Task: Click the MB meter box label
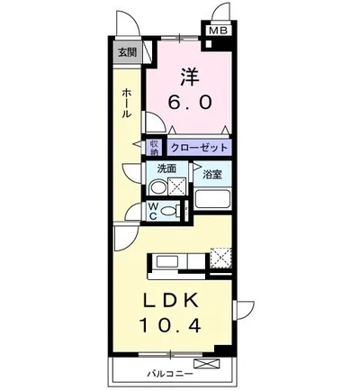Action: pyautogui.click(x=219, y=31)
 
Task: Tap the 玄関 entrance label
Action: pyautogui.click(x=127, y=52)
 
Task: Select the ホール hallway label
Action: pyautogui.click(x=127, y=103)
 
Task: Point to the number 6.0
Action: pyautogui.click(x=190, y=102)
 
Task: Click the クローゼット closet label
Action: pyautogui.click(x=199, y=148)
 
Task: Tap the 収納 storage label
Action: pyautogui.click(x=154, y=148)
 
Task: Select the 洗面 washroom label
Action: pyautogui.click(x=166, y=168)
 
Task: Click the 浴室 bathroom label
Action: pyautogui.click(x=212, y=175)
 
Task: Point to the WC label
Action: pyautogui.click(x=153, y=211)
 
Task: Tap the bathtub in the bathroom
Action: pyautogui.click(x=212, y=199)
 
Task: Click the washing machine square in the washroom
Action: pyautogui.click(x=177, y=186)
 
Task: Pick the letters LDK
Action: pyautogui.click(x=171, y=301)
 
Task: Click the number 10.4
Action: pyautogui.click(x=170, y=325)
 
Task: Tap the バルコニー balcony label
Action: pyautogui.click(x=170, y=374)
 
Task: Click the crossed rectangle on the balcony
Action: pyautogui.click(x=207, y=363)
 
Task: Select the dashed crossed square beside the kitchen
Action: pyautogui.click(x=220, y=257)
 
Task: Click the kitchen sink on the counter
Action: pyautogui.click(x=167, y=262)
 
